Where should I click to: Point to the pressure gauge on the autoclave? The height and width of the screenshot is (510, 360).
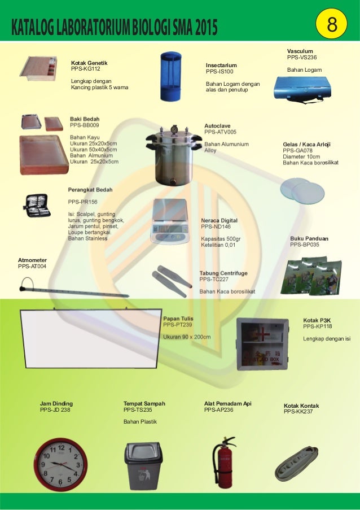[174, 129]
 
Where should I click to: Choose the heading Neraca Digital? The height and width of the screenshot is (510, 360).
[219, 220]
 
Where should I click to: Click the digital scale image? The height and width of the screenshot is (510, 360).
[169, 221]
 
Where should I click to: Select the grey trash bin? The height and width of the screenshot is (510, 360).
[143, 465]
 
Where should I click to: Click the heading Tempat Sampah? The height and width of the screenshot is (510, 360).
[144, 404]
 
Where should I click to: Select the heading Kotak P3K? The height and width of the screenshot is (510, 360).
[317, 320]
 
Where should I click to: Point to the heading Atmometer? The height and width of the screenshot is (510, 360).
[32, 260]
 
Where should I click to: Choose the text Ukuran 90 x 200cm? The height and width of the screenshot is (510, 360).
[187, 337]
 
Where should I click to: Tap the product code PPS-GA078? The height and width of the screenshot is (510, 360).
[297, 151]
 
